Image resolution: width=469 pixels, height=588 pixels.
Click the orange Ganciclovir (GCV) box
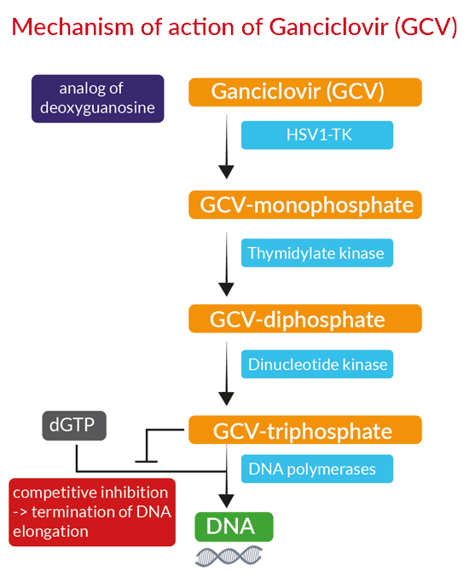(305, 92)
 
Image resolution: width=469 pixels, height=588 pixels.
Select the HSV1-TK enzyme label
(317, 135)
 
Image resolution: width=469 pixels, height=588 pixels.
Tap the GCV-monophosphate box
(305, 205)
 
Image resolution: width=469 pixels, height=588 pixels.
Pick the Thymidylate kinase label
(317, 253)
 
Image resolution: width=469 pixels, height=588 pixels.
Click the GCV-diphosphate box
(305, 319)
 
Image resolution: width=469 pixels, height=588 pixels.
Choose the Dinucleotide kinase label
(317, 364)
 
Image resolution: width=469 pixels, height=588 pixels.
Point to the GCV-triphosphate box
(305, 429)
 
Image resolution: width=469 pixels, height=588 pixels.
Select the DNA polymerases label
(317, 469)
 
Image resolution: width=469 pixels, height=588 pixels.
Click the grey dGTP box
(74, 425)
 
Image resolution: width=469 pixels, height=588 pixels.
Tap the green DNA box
(234, 527)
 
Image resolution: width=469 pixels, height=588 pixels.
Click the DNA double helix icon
(229, 556)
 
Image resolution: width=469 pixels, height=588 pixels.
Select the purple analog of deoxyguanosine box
(97, 99)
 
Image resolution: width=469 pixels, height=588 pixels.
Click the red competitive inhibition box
(92, 512)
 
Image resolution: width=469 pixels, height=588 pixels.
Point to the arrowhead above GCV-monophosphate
(226, 172)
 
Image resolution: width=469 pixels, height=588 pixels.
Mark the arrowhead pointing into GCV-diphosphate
(226, 290)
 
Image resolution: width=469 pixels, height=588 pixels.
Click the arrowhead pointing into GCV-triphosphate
(226, 399)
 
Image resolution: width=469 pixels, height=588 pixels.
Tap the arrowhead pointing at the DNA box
(226, 501)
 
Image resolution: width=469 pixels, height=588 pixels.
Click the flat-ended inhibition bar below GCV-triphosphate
(146, 461)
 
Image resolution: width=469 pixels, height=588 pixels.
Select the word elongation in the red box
(50, 532)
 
